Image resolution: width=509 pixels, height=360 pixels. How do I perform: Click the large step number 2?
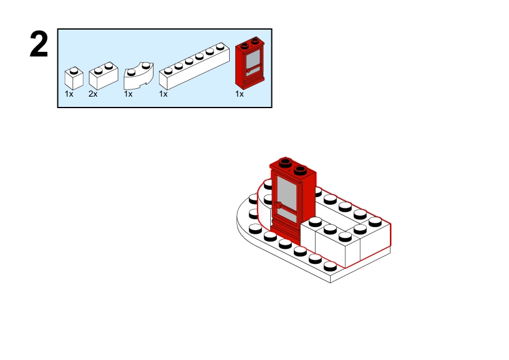pos(39,45)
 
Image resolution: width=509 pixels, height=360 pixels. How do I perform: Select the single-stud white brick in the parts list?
pos(74,78)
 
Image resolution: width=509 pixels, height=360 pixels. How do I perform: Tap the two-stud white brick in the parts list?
pos(103,77)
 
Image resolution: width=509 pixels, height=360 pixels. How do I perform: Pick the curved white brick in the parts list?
pos(138,76)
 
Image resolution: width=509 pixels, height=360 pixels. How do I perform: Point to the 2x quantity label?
pos(93,94)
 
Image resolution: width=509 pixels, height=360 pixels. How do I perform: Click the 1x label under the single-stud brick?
pos(69,94)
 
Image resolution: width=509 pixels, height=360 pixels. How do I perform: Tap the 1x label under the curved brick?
pos(128,94)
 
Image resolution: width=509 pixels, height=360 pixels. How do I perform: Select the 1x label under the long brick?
pos(163,94)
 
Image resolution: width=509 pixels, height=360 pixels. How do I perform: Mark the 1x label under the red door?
pos(239,94)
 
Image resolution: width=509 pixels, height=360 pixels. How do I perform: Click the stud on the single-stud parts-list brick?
pos(74,70)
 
